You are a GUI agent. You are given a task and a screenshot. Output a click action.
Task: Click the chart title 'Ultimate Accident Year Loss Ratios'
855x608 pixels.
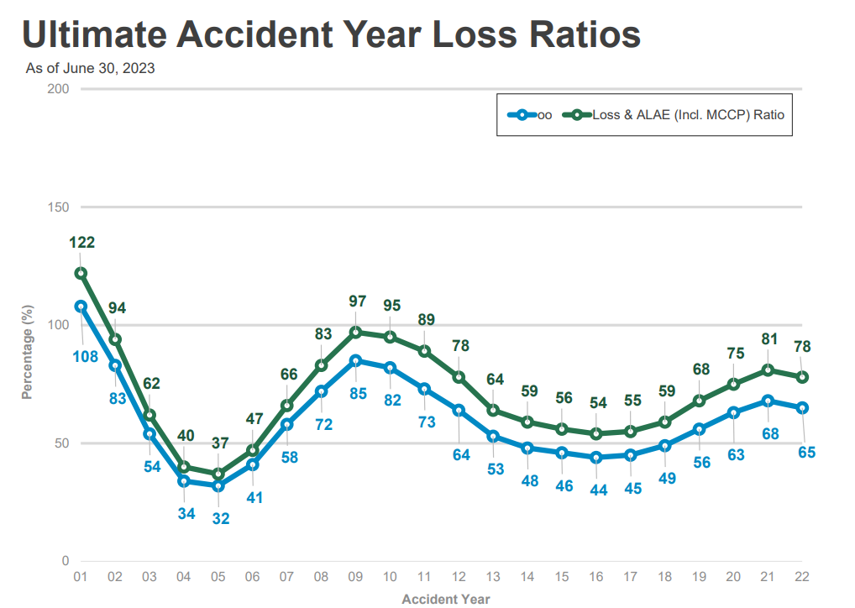[x=331, y=34]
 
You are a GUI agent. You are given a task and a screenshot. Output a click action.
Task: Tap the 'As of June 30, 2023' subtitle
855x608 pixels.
[x=90, y=69]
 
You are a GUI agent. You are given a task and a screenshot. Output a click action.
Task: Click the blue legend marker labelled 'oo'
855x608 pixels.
[x=522, y=114]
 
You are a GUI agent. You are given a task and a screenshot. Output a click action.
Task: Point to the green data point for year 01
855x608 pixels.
[x=81, y=273]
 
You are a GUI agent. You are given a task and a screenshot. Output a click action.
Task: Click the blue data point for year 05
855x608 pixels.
[x=218, y=485]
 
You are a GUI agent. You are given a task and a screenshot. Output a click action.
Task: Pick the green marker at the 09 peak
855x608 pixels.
[x=356, y=333]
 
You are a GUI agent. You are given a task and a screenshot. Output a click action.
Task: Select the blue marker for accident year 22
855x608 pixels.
[x=803, y=407]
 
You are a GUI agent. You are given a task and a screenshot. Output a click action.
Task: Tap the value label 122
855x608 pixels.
[x=81, y=243]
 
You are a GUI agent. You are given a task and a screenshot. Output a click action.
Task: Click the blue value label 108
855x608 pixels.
[x=84, y=357]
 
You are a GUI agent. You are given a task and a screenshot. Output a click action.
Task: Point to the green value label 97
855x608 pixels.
[x=356, y=301]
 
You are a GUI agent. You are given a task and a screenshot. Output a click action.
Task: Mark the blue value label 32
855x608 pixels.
[x=220, y=518]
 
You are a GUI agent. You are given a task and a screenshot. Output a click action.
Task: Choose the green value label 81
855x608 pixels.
[x=768, y=339]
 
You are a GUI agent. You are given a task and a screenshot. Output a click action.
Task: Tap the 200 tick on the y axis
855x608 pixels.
[x=59, y=89]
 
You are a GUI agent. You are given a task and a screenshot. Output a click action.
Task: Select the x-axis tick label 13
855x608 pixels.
[x=494, y=578]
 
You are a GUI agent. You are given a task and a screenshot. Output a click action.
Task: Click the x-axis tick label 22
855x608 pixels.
[x=803, y=578]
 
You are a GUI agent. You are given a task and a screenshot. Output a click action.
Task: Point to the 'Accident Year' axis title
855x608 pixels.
[x=445, y=599]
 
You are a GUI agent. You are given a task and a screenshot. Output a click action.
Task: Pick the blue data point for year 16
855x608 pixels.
[x=596, y=458]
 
